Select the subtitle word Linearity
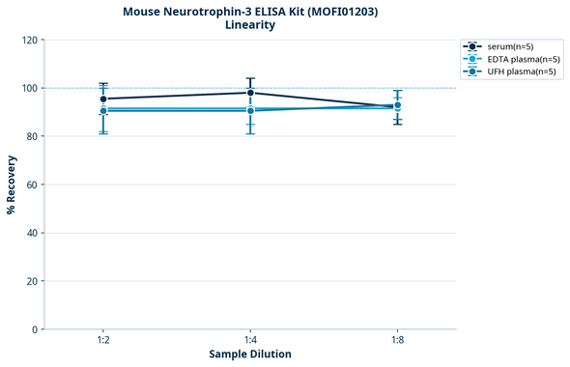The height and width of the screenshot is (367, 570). [249, 26]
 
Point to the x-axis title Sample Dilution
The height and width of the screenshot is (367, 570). [250, 354]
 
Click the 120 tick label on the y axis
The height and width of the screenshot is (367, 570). [29, 41]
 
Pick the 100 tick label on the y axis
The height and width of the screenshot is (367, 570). [29, 89]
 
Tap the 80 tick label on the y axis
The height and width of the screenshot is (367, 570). [32, 137]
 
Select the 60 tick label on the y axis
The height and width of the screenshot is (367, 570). [32, 185]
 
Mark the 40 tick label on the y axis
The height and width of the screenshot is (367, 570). [32, 234]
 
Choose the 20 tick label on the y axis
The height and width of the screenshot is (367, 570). [32, 282]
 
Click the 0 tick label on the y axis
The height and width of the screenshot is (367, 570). [35, 330]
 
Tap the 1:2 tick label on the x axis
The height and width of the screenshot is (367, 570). [103, 341]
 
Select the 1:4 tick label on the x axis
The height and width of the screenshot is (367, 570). [250, 341]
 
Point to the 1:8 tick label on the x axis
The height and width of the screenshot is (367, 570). [397, 341]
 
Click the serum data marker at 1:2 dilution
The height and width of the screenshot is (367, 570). [103, 99]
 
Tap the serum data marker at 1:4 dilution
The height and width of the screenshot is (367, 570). [250, 93]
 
